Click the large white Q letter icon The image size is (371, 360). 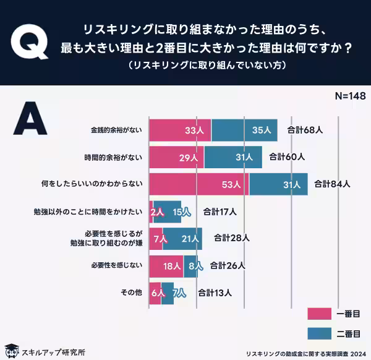coord(30,43)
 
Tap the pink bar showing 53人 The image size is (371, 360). coord(198,184)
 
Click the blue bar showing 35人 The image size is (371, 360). coord(244,131)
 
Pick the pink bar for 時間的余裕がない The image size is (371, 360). coord(177,158)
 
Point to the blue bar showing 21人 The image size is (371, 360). coord(182,238)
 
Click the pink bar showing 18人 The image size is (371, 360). coord(166,265)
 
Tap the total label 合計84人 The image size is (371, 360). coord(333,184)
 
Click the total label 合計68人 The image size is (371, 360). coord(305,131)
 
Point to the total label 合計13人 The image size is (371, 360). coord(215,293)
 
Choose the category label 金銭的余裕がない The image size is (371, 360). coord(116,131)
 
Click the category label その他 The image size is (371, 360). coord(133,293)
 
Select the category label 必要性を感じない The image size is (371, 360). coord(117,265)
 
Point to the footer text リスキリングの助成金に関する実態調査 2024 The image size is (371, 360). coord(303,353)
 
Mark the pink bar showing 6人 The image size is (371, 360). coord(155,293)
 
